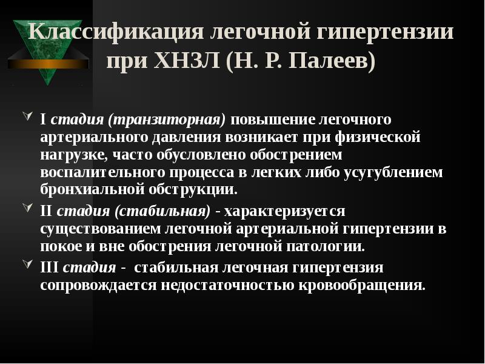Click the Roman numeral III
[50, 268]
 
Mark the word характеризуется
[285, 212]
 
